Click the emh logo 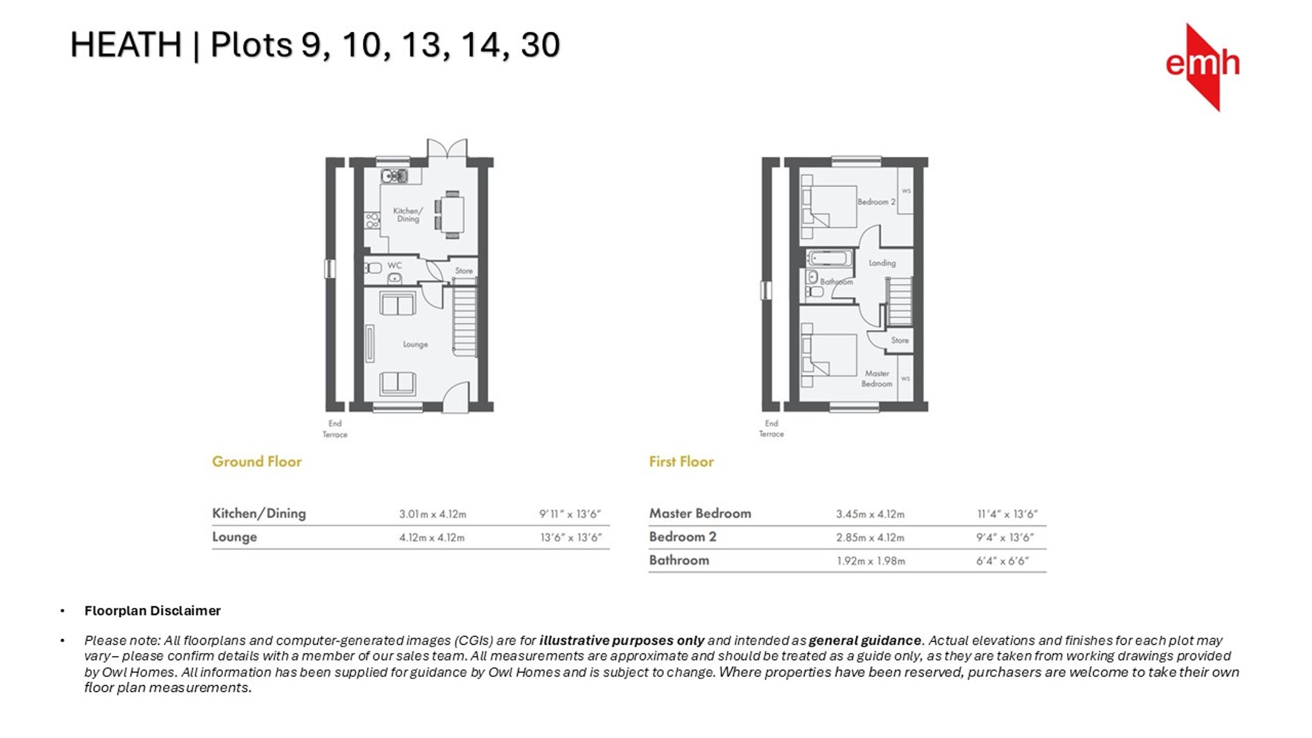1203,67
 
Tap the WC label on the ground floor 394,265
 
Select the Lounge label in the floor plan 415,344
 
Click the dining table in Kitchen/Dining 452,214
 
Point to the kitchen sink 394,176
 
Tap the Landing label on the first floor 882,263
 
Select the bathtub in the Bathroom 829,258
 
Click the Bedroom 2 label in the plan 876,202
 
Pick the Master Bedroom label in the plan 877,378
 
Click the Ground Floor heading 257,462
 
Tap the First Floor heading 681,462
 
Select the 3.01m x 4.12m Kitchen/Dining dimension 432,514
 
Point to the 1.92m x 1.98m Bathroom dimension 870,561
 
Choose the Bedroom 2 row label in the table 682,537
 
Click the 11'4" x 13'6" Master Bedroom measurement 1007,514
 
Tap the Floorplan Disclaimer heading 152,611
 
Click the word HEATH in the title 126,45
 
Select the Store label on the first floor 900,340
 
